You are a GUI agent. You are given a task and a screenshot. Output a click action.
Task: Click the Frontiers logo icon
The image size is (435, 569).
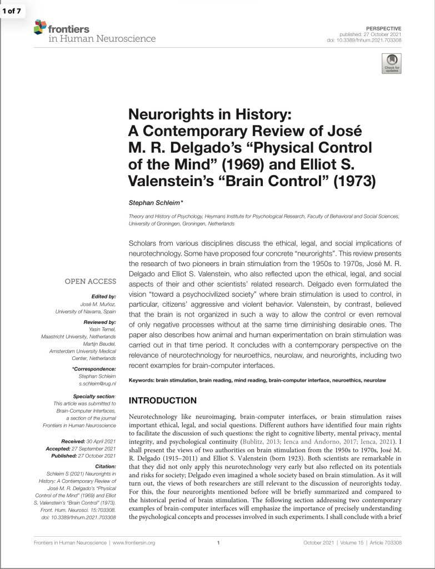40,26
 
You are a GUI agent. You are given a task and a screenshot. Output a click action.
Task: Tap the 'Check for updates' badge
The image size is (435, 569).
391,64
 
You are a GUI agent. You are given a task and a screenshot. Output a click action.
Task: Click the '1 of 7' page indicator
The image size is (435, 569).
12,10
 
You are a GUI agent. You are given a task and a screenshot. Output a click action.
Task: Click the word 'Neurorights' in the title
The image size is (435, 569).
166,115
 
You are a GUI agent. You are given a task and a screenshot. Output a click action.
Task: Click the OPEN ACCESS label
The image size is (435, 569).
91,282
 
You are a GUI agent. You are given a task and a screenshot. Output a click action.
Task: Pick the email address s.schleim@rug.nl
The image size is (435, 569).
97,383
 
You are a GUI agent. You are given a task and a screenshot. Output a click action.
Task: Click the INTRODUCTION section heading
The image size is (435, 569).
162,401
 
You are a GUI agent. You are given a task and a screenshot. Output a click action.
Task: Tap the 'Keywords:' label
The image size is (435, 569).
141,380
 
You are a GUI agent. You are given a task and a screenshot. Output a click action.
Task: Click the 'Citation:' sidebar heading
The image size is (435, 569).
103,467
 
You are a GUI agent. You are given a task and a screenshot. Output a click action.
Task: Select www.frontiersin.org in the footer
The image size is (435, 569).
134,542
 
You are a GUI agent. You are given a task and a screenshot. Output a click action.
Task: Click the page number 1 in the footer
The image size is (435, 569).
218,542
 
